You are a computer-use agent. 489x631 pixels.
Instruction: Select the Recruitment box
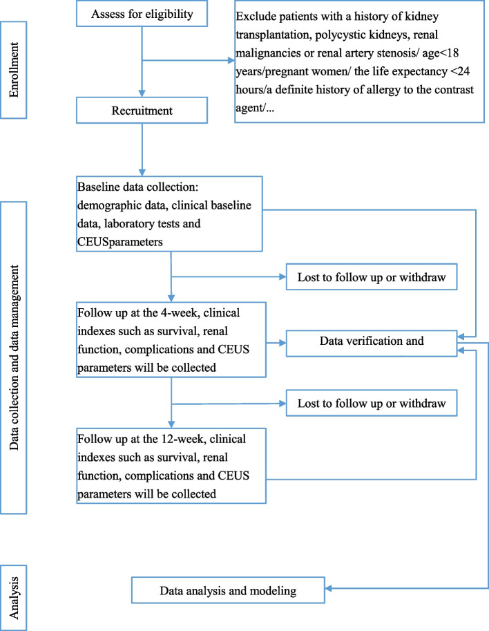(x=141, y=111)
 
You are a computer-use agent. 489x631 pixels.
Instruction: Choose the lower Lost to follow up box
(x=371, y=402)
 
